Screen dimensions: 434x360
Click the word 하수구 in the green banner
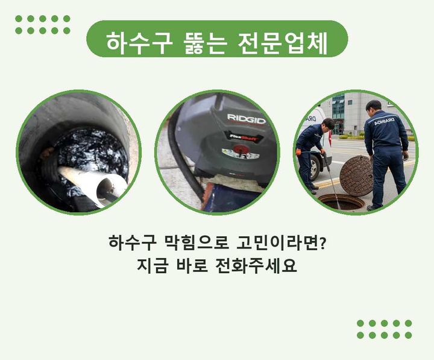tap(137, 43)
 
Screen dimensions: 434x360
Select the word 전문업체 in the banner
tap(282, 43)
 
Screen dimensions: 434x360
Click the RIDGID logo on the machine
tap(247, 119)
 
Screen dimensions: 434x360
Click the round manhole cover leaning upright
tap(356, 176)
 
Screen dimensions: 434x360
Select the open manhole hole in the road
tap(341, 201)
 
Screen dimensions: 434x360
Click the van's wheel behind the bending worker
tap(315, 168)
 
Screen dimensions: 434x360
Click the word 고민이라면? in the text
tap(281, 243)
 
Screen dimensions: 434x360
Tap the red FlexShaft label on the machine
tap(244, 136)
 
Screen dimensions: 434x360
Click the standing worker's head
tap(374, 107)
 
